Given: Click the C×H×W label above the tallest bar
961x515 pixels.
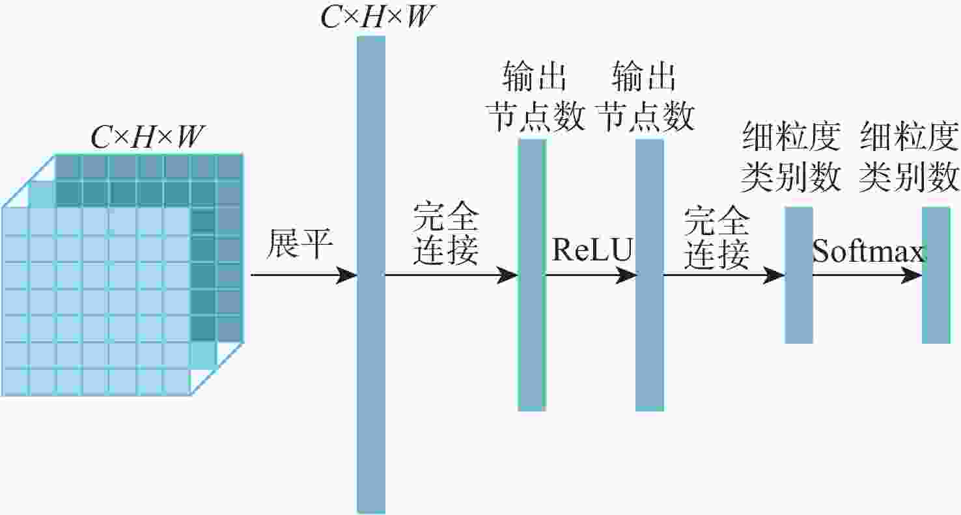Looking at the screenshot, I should coord(376,18).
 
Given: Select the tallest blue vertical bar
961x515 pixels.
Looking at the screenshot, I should coord(371,274).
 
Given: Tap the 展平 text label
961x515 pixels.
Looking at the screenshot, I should coord(300,244).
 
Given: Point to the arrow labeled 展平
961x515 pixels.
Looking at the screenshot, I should coord(303,275).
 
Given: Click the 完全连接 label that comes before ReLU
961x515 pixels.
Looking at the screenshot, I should coord(447,236).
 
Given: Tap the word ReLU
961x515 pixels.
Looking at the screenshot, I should coord(592,249).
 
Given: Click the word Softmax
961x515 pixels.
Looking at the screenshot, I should coord(869,252).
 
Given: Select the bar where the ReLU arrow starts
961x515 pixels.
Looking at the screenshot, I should coord(531,274).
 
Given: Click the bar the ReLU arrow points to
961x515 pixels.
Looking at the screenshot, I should coord(649,274).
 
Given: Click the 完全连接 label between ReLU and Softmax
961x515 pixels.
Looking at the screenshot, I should coord(716,240).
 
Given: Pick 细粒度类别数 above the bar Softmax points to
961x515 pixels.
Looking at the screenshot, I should coord(909,157).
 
